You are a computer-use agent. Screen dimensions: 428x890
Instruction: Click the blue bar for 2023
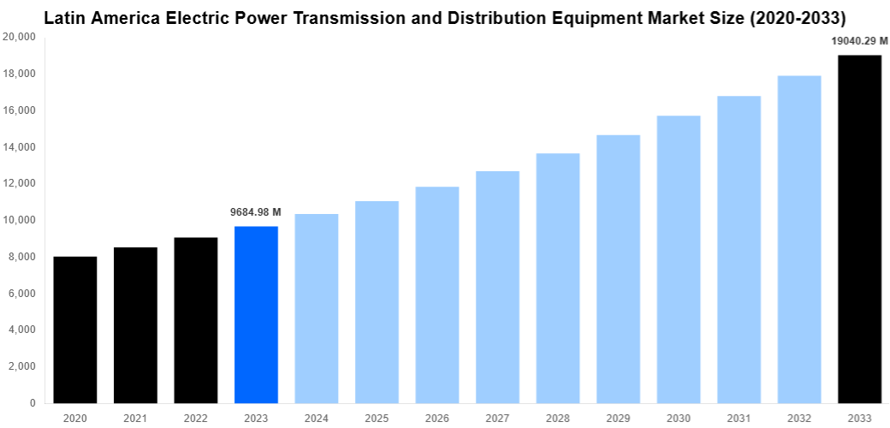[x=256, y=314]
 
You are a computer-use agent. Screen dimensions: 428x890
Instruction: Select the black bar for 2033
[x=859, y=229]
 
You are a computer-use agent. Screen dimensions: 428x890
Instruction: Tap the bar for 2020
[x=75, y=330]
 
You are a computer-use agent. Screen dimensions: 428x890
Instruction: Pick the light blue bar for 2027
[x=497, y=287]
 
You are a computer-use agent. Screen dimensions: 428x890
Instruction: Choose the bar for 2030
[x=679, y=259]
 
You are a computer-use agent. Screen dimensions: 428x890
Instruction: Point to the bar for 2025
[x=377, y=301]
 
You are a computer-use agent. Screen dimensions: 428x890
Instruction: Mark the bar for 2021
[x=135, y=325]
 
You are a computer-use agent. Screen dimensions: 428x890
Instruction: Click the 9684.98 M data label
[x=256, y=212]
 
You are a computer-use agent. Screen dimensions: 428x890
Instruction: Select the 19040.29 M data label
[x=859, y=40]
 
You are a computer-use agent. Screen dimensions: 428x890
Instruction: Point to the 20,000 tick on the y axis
[x=19, y=37]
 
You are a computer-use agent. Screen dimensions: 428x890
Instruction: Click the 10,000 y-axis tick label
[x=19, y=220]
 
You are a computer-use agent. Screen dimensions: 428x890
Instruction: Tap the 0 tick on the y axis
[x=32, y=402]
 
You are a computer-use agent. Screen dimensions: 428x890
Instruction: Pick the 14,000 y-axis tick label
[x=19, y=147]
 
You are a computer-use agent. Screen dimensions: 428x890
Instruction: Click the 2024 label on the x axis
[x=316, y=418]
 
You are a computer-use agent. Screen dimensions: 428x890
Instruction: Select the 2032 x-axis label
[x=799, y=418]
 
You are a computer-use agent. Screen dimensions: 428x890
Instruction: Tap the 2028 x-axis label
[x=558, y=418]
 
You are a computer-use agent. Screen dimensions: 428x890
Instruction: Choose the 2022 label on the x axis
[x=195, y=418]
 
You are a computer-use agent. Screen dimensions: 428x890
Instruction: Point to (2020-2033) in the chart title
[x=797, y=18]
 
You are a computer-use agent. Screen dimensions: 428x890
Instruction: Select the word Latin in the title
[x=65, y=18]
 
